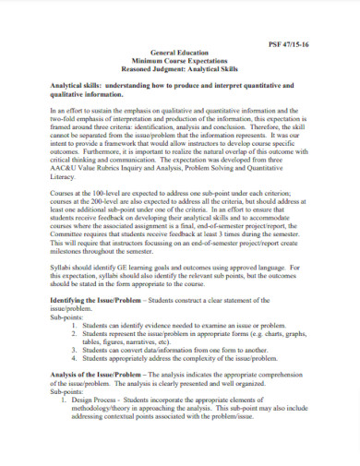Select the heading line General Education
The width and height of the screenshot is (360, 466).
(x=180, y=54)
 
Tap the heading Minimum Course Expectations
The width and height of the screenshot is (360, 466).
(x=180, y=62)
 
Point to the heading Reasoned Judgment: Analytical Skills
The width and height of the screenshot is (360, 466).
(x=180, y=70)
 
